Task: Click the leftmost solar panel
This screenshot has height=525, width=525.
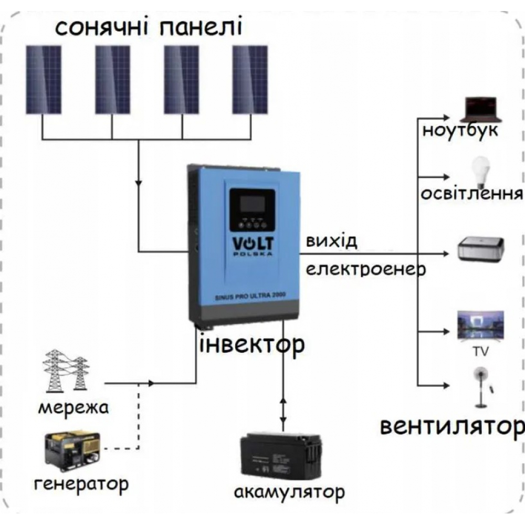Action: tap(44, 80)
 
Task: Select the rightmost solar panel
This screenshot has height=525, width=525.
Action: tap(250, 80)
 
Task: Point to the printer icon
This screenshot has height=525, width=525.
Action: tap(480, 249)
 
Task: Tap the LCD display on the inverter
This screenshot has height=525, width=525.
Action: tap(251, 203)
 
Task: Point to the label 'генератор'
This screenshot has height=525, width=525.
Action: tap(81, 482)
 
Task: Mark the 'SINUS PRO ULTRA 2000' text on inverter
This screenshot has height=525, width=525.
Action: tap(250, 297)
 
